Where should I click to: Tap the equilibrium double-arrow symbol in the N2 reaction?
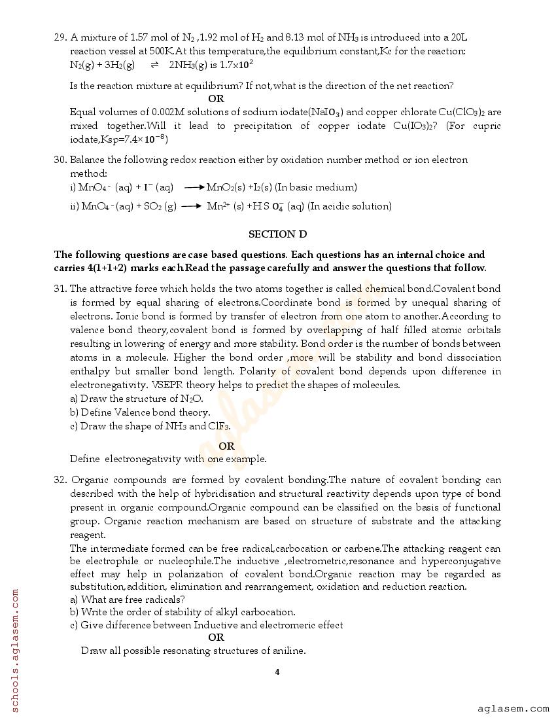tap(154, 65)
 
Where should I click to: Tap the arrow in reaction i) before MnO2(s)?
tap(194, 187)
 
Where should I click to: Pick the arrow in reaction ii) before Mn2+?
tap(190, 206)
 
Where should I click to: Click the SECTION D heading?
tap(277, 234)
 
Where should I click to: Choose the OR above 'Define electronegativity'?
tap(226, 446)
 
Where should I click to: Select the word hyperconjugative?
tap(461, 561)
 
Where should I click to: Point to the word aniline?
tap(288, 651)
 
